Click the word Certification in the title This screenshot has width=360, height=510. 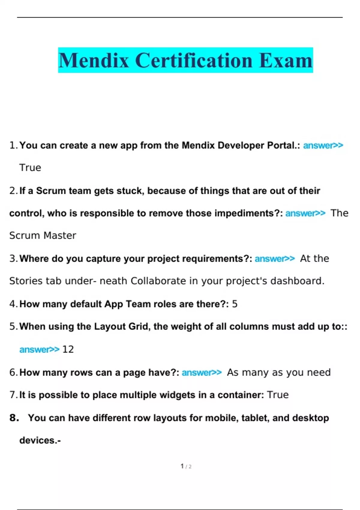[x=194, y=61]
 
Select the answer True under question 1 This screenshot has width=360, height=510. [x=30, y=167]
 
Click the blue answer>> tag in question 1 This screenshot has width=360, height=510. [x=323, y=145]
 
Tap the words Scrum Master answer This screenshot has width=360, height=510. [x=43, y=235]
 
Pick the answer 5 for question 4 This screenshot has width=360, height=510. [x=235, y=304]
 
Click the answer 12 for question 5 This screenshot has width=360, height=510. [x=68, y=349]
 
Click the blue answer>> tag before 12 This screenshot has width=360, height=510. [x=39, y=349]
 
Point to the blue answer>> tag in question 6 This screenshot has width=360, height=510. [x=202, y=373]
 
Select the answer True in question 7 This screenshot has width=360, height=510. [x=277, y=395]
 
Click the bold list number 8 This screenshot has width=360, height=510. [x=14, y=418]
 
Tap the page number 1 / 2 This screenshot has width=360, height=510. [x=186, y=466]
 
